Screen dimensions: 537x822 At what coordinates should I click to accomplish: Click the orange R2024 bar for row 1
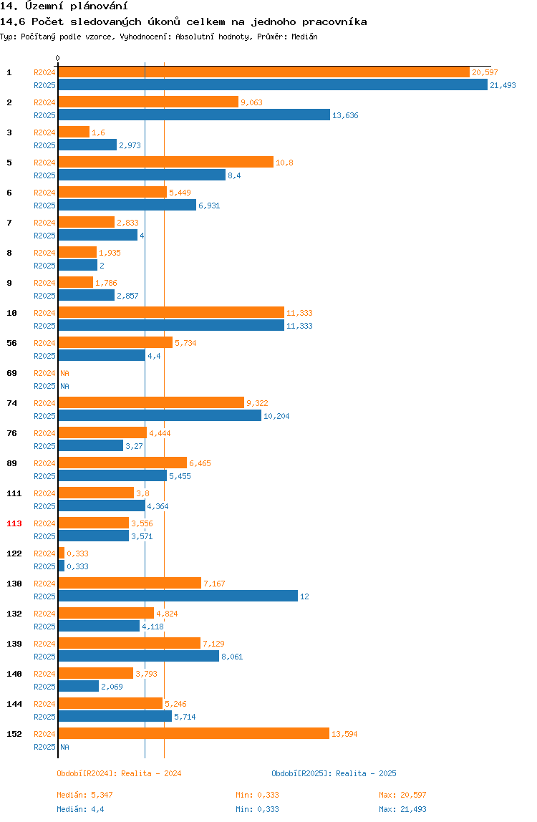(x=263, y=72)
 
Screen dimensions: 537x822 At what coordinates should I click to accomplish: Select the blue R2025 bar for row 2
(x=194, y=115)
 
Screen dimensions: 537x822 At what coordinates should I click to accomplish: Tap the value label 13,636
(x=345, y=115)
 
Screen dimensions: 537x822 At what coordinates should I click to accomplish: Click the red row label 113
(x=14, y=523)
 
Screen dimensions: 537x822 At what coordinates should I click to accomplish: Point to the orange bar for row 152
(x=193, y=733)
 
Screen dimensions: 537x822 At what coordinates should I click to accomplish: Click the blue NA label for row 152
(x=64, y=747)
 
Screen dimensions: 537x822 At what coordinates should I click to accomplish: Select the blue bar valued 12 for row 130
(x=178, y=596)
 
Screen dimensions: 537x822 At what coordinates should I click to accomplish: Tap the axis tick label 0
(x=58, y=58)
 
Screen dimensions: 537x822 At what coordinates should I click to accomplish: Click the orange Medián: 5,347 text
(x=84, y=795)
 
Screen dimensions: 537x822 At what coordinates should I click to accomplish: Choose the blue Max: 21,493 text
(x=402, y=809)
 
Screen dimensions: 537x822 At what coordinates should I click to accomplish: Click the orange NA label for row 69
(x=64, y=373)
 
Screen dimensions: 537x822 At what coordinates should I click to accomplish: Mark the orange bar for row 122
(x=62, y=553)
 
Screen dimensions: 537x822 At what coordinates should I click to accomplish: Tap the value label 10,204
(x=276, y=416)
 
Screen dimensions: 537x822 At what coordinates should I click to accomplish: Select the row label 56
(x=11, y=343)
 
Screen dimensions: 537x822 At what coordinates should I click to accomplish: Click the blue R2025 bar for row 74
(x=160, y=416)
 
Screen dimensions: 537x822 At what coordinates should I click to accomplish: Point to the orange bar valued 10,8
(x=165, y=162)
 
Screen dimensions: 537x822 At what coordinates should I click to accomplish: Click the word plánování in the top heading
(x=99, y=6)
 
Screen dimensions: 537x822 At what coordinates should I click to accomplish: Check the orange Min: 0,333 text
(x=257, y=795)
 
